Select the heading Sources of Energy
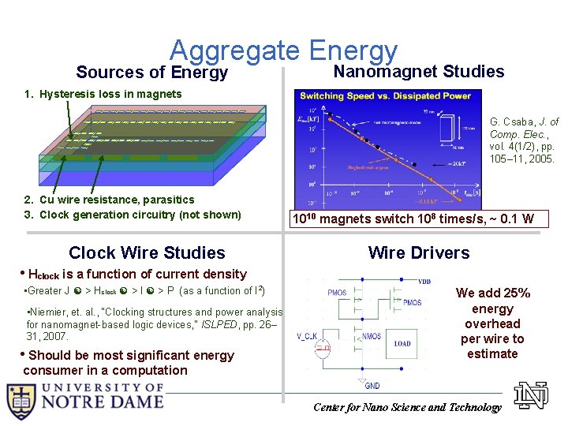152,73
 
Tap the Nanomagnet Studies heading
419,72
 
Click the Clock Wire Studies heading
147,252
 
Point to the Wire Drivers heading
419,252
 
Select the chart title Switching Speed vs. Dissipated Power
384,96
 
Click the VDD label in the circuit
424,281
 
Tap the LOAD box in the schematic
402,343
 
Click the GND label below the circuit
372,386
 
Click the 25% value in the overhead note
515,293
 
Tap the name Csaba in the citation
516,122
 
